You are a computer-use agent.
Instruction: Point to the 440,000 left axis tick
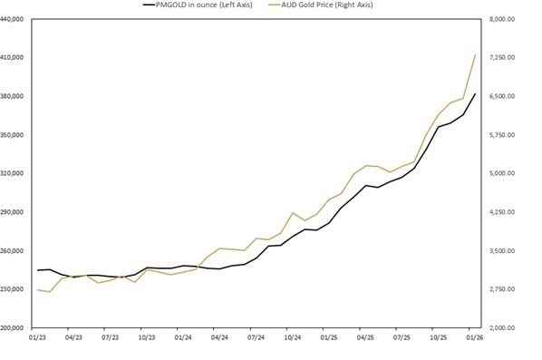point(15,19)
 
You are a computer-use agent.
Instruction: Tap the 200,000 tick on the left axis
point(15,328)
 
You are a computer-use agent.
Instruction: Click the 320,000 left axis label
point(15,173)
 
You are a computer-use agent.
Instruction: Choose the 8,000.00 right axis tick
point(501,19)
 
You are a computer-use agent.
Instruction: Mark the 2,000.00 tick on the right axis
point(501,328)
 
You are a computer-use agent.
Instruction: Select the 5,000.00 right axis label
point(501,173)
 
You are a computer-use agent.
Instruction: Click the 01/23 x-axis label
point(38,337)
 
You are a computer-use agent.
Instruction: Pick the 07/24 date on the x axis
point(256,337)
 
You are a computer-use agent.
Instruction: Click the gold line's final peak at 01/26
point(475,55)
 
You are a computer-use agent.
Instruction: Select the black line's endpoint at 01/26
point(475,93)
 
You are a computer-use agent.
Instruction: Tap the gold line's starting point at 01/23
point(38,290)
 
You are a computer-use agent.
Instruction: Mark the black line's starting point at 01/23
point(38,270)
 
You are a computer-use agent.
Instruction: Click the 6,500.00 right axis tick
point(501,96)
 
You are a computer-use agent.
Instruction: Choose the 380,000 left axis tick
point(15,96)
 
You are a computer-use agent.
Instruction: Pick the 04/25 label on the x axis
point(365,337)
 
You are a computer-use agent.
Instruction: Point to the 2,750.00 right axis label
point(501,289)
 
